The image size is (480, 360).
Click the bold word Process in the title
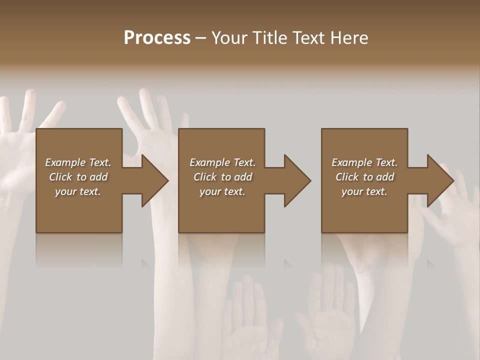[157, 38]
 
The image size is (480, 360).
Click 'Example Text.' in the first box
[78, 162]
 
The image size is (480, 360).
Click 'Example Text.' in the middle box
[222, 162]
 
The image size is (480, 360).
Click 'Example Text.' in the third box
[364, 162]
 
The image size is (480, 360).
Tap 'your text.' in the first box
[78, 191]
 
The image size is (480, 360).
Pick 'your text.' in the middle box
[222, 191]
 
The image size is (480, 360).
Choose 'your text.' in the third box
[364, 191]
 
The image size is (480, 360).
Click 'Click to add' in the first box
[78, 177]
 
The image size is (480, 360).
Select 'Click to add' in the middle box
[222, 177]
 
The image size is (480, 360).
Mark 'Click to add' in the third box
[364, 177]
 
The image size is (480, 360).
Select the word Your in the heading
[229, 38]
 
